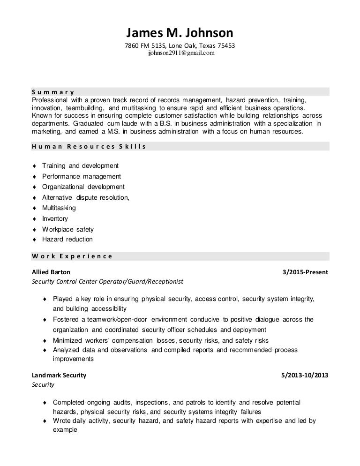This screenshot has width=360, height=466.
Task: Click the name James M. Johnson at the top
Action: pos(180,33)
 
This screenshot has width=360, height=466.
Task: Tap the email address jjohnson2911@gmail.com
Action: pos(181,53)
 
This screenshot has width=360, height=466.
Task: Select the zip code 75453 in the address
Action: pos(226,46)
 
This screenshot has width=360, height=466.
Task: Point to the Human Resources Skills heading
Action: pos(89,146)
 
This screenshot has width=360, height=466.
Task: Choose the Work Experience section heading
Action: pos(72,256)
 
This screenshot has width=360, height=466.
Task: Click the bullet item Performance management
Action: pos(81,176)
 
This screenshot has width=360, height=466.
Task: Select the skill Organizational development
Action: pos(83,187)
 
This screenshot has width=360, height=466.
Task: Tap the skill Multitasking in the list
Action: pos(59,208)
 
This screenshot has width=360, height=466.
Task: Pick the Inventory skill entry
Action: pos(55,218)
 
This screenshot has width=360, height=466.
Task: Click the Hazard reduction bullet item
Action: pos(67,239)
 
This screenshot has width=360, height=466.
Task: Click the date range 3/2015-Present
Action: pos(306,272)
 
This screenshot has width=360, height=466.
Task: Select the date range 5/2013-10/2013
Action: pos(304,375)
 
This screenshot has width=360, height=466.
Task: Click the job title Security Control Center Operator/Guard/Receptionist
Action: pos(107,282)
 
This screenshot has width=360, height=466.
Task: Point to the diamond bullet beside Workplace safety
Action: pos(34,230)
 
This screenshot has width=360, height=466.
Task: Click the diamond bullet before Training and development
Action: pos(34,166)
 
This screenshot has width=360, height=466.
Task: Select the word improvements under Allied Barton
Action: pos(73,359)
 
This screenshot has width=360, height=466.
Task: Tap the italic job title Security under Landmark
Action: pos(43,385)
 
